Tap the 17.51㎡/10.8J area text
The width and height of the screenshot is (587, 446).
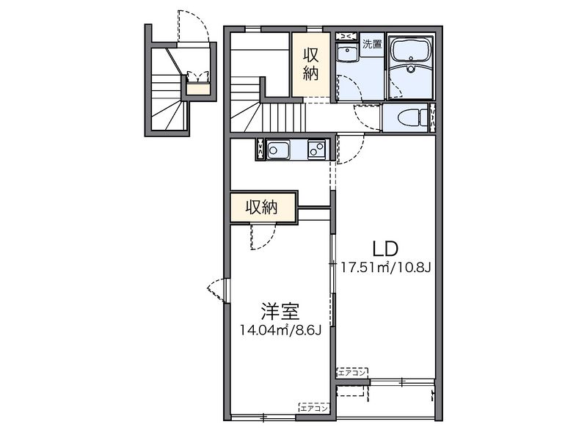[x=384, y=267]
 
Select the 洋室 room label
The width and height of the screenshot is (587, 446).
[x=277, y=311]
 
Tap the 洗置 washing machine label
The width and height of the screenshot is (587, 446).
[x=372, y=44]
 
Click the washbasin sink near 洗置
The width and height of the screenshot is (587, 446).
[x=346, y=54]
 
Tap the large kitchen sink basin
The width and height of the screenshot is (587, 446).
[x=278, y=151]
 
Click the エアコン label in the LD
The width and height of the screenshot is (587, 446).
[x=352, y=372]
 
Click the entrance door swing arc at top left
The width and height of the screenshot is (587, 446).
[x=194, y=26]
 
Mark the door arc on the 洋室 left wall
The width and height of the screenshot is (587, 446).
[x=217, y=291]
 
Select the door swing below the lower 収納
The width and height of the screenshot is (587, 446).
[x=262, y=236]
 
